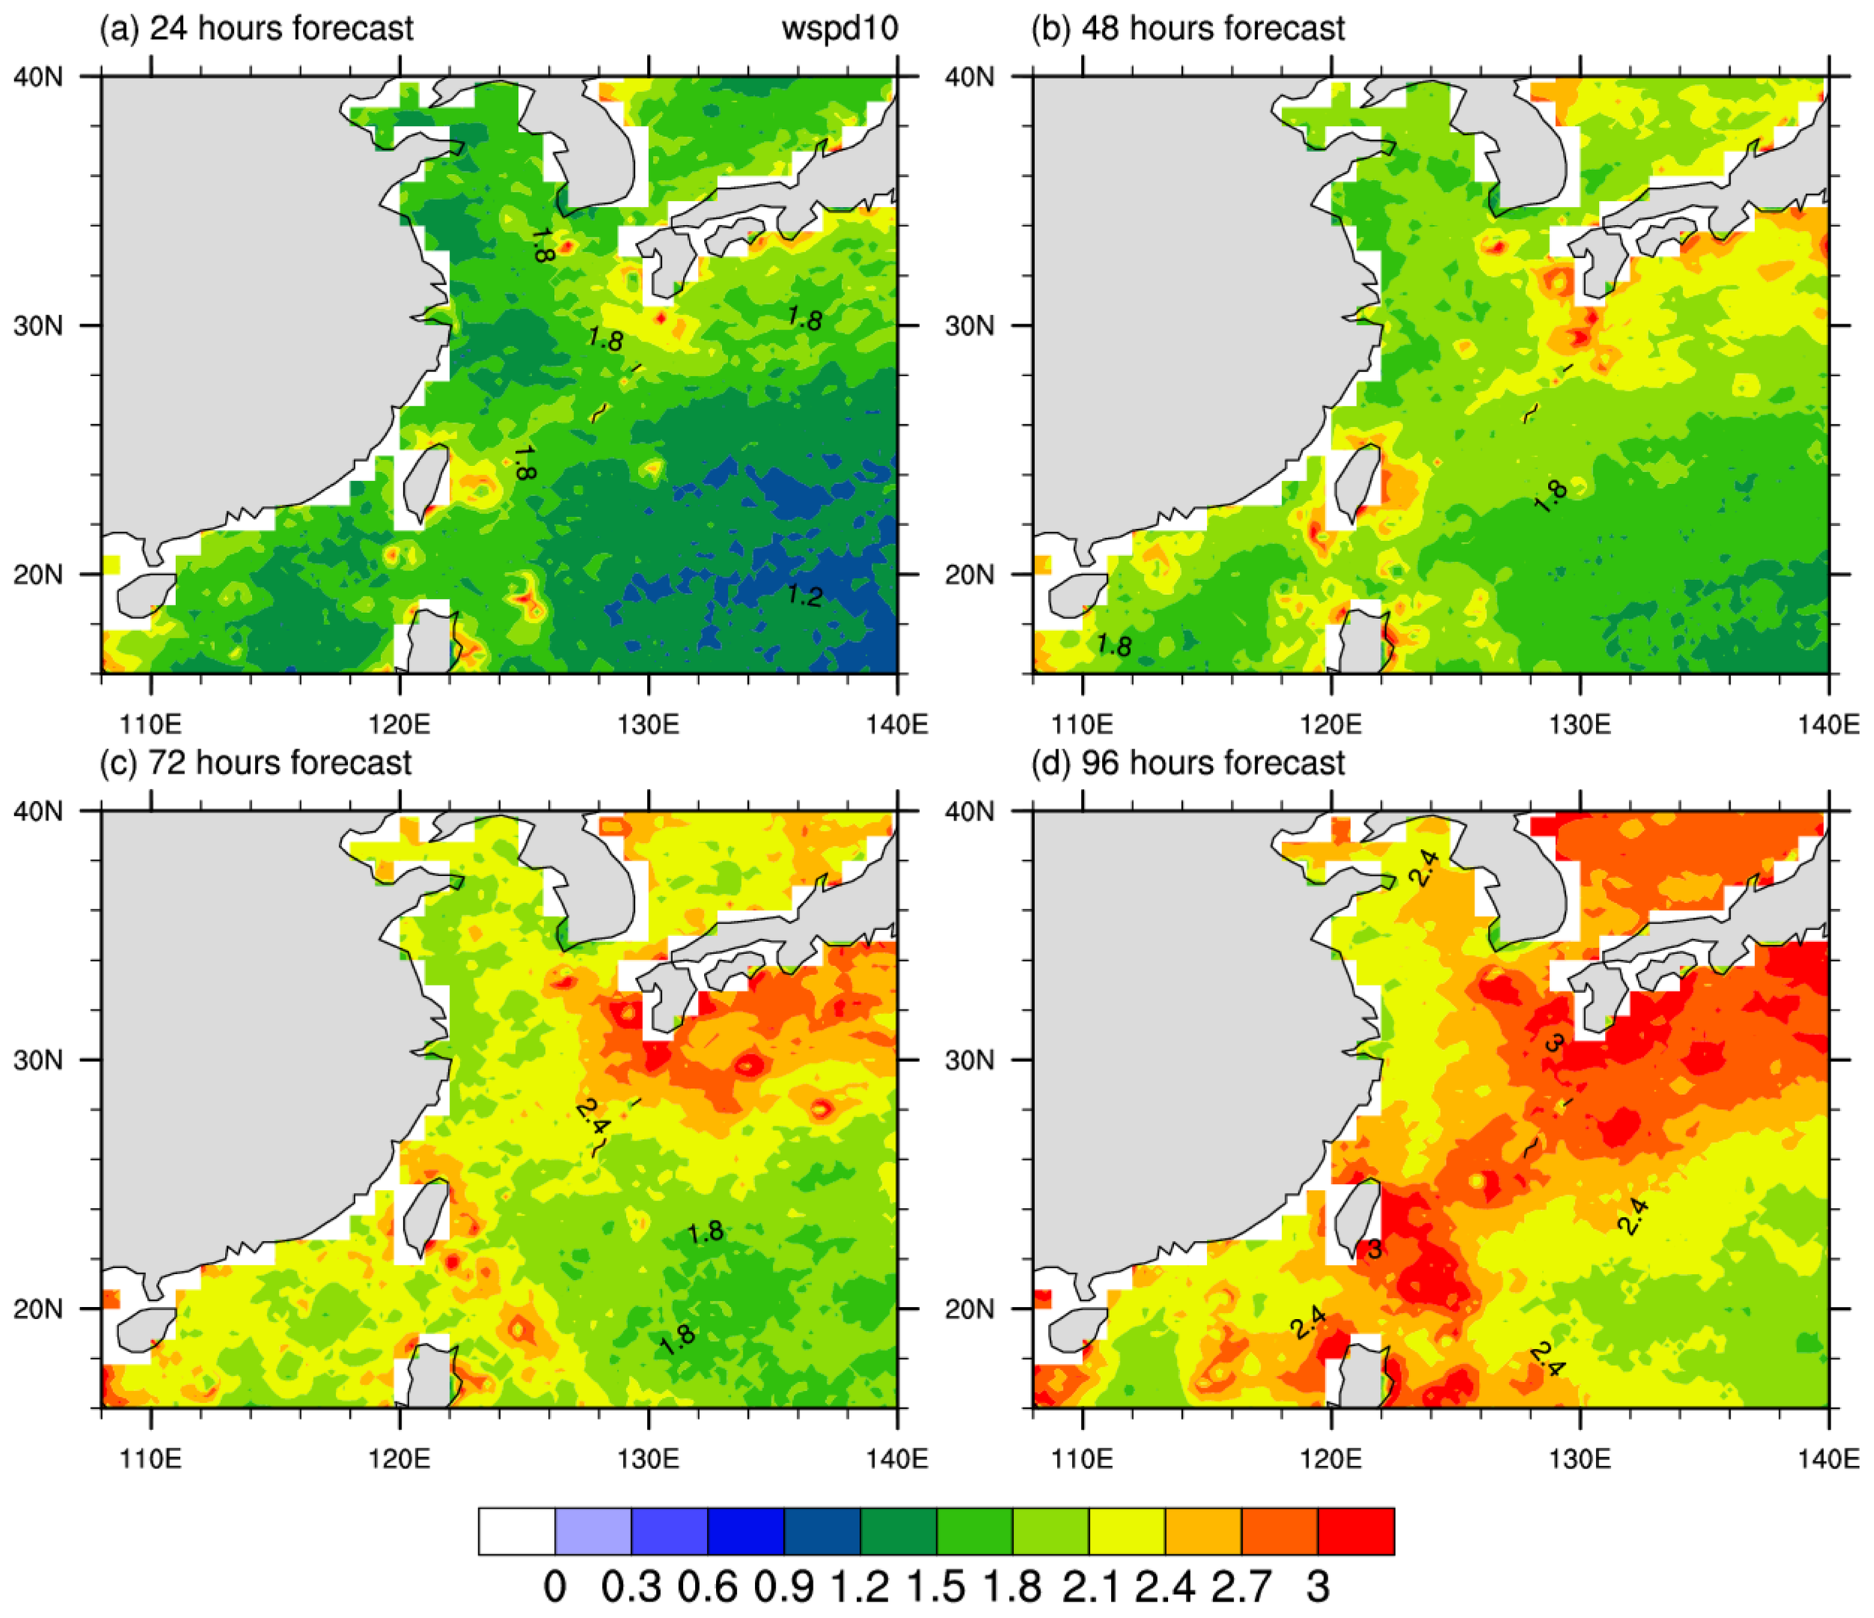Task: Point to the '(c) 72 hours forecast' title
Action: [x=255, y=762]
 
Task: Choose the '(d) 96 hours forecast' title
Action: [x=1187, y=762]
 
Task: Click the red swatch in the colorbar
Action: [x=1356, y=1531]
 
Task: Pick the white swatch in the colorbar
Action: [x=516, y=1531]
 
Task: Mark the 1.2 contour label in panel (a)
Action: [x=804, y=595]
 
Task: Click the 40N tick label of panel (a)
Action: [x=38, y=77]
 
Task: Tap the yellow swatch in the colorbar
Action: [x=1127, y=1531]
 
